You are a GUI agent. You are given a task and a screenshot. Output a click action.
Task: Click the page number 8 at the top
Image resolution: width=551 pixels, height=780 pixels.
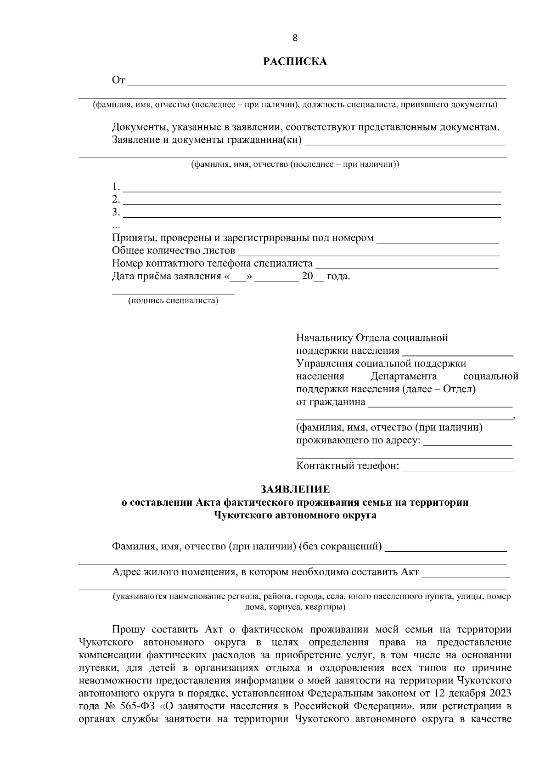point(295,38)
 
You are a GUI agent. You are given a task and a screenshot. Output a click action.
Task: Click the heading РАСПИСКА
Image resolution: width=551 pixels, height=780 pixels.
point(295,62)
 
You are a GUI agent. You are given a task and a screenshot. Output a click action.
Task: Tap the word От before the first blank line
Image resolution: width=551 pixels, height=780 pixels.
point(118,81)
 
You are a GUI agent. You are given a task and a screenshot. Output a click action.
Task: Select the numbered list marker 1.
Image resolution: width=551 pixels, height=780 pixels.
point(116,187)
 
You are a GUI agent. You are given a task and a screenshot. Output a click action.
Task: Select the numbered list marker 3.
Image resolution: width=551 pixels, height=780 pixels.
point(116,212)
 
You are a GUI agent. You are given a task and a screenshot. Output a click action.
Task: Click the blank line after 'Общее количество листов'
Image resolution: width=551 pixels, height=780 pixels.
point(368,251)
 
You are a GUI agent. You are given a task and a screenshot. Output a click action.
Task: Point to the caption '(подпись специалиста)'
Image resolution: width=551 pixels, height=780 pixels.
point(173,301)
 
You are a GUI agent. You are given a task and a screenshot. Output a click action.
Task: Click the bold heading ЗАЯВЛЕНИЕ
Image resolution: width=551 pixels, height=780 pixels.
point(295,489)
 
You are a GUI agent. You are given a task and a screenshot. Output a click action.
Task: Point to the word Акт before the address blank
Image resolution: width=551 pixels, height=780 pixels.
point(410,572)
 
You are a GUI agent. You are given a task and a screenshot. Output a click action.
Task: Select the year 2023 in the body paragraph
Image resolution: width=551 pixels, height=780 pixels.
point(500,693)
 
